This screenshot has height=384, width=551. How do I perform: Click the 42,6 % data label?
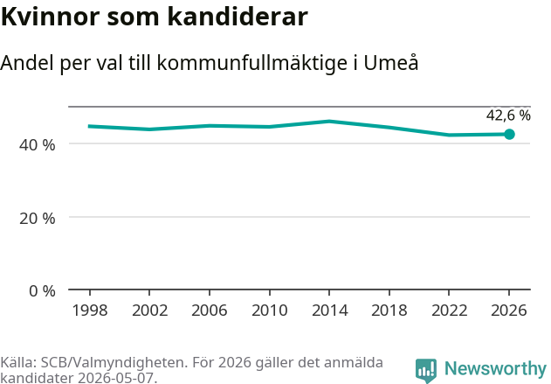point(508,115)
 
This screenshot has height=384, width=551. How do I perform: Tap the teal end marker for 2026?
point(509,134)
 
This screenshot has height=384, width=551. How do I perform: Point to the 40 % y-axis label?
point(38,145)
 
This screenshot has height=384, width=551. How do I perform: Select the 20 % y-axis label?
point(38,219)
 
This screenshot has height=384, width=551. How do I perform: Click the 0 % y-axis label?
point(42,291)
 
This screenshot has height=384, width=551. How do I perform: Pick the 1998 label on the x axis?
point(90,311)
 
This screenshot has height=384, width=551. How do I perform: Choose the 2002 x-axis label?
point(149,311)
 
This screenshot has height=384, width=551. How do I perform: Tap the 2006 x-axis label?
point(210,311)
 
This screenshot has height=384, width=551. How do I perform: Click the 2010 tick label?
point(270,311)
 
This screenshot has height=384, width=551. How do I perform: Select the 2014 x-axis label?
point(329,311)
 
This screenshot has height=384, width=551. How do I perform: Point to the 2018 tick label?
point(389,311)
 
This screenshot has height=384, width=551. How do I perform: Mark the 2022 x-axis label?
point(449,311)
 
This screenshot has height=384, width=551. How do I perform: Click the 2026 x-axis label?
point(509,311)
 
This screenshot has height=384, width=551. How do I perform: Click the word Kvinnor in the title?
point(51,17)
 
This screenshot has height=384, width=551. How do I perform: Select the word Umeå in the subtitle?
point(390,62)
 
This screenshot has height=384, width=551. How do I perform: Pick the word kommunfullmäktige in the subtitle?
point(252,63)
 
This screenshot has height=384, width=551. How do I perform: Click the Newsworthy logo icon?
point(426,370)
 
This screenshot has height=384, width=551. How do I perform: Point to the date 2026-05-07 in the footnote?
point(115,378)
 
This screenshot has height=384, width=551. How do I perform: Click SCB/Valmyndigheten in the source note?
point(113,362)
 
